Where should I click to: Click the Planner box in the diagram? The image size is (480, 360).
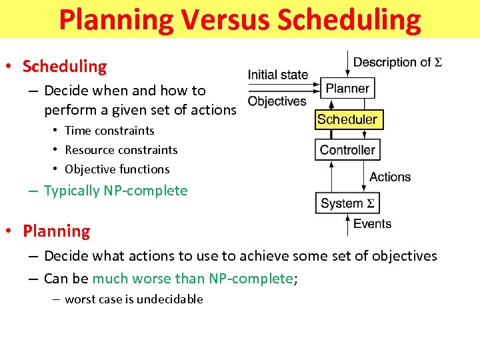coord(347,88)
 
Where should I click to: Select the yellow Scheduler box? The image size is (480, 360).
coord(347,120)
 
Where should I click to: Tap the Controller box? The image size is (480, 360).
coord(347,149)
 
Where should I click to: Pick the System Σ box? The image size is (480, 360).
coord(347,203)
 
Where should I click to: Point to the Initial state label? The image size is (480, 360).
coord(277,75)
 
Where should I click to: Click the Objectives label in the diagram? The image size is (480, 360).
coord(277,101)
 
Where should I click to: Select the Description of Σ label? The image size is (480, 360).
coord(397,63)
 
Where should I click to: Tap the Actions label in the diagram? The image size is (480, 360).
coord(390,177)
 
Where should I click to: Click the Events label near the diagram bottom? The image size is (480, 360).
coord(372,224)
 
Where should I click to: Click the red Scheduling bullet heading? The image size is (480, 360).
coord(65,67)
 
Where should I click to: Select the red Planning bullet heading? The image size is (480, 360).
coord(57,231)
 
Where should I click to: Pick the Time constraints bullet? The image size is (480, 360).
coord(109,131)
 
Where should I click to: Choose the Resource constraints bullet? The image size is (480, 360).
coord(121,150)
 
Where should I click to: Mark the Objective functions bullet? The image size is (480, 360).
coord(117,169)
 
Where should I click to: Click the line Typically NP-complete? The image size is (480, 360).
coord(115,191)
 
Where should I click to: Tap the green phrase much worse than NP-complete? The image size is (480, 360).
coord(193,279)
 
